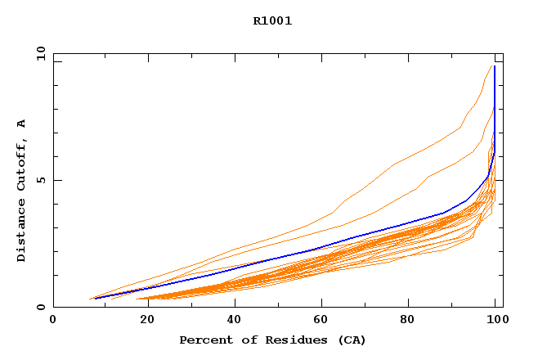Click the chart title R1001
click(272, 21)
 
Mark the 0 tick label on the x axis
click(53, 321)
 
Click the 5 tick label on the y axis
click(41, 180)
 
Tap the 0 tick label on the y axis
click(41, 308)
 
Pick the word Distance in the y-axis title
click(21, 234)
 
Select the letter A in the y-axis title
click(21, 124)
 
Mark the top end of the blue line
click(495, 66)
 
